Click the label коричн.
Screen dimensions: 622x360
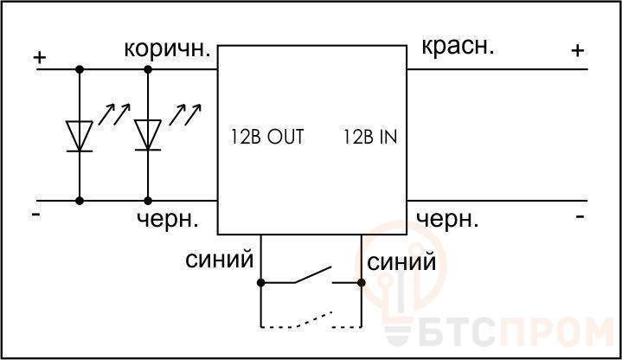pyautogui.click(x=167, y=49)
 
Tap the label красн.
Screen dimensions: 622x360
pyautogui.click(x=458, y=48)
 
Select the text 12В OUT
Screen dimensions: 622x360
pyautogui.click(x=267, y=137)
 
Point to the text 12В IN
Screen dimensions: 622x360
pyautogui.click(x=369, y=137)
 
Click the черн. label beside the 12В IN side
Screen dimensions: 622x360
pyautogui.click(x=447, y=219)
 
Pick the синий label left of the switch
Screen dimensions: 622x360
pyautogui.click(x=219, y=260)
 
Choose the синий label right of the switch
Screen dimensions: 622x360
pyautogui.click(x=401, y=262)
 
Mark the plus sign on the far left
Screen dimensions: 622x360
pyautogui.click(x=39, y=58)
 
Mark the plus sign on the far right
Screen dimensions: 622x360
pyautogui.click(x=578, y=50)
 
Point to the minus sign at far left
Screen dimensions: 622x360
pyautogui.click(x=36, y=215)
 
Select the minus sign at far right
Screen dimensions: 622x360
pyautogui.click(x=580, y=216)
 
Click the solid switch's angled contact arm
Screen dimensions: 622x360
pyautogui.click(x=312, y=274)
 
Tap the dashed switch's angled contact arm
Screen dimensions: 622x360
pyautogui.click(x=312, y=319)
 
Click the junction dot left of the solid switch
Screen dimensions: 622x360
pyautogui.click(x=260, y=283)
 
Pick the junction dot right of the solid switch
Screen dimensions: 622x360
pyautogui.click(x=362, y=283)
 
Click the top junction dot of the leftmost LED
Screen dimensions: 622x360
pyautogui.click(x=80, y=69)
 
